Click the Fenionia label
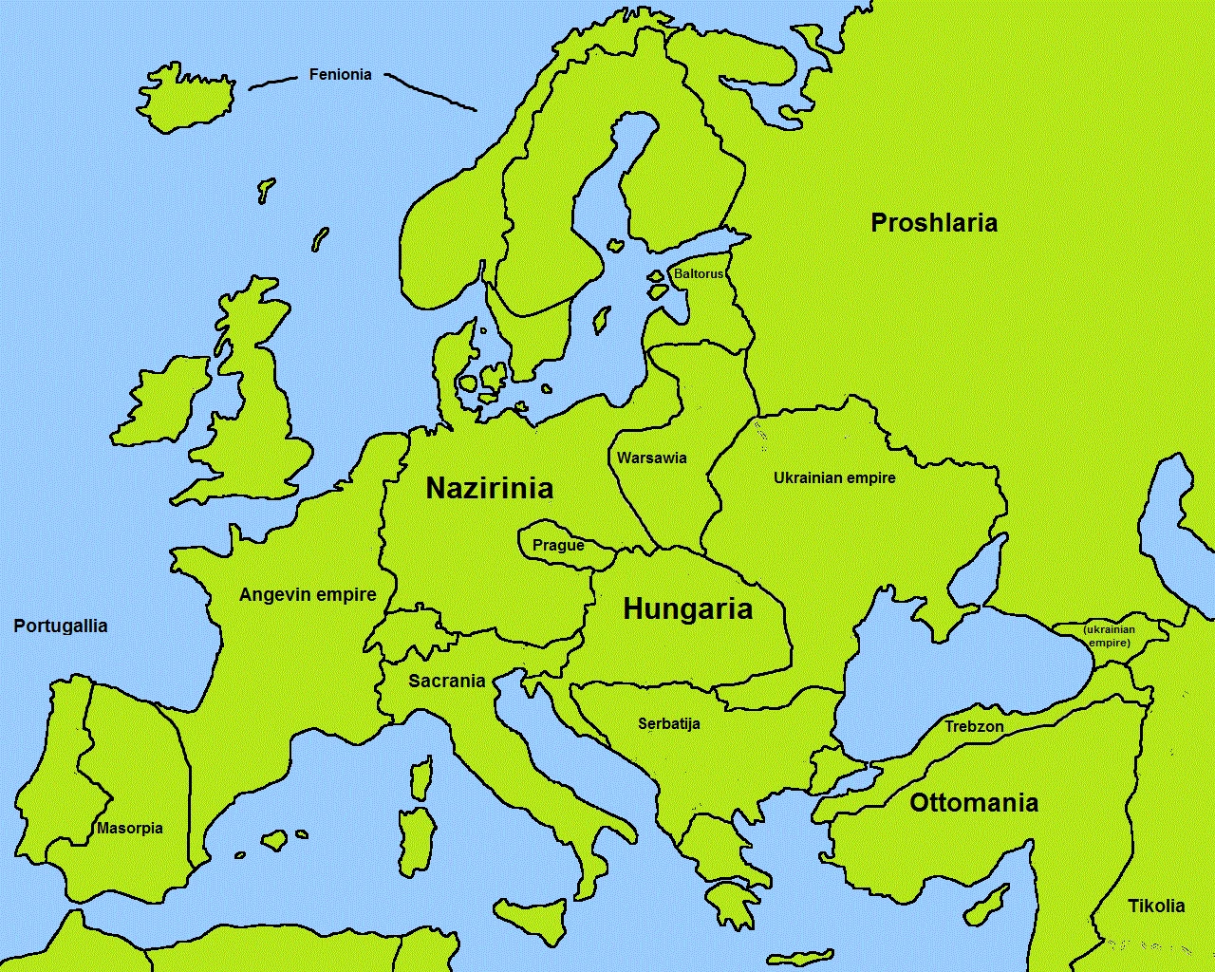340,74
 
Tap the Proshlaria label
934,223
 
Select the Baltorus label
698,273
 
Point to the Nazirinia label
489,488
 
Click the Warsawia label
651,458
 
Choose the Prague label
558,545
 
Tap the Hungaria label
687,609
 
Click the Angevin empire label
308,595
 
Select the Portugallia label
61,626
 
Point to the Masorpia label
130,828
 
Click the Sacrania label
447,681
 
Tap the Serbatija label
669,723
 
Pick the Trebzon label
974,727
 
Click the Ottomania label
974,803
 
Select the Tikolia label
1156,906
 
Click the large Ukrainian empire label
834,477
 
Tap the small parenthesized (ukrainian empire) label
1109,636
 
